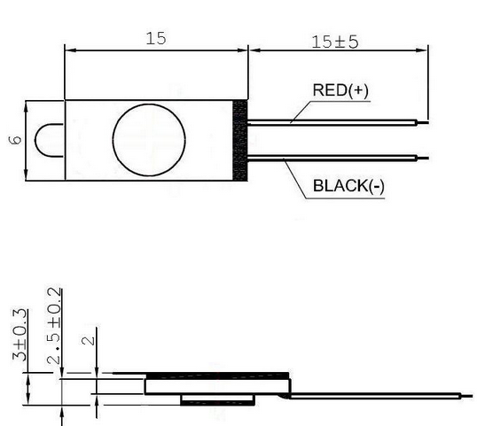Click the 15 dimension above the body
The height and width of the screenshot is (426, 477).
pyautogui.click(x=156, y=39)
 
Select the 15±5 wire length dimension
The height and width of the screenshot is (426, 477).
pyautogui.click(x=335, y=42)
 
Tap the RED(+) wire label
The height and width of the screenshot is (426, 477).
pyautogui.click(x=340, y=90)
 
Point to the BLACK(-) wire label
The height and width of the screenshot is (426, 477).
pyautogui.click(x=348, y=186)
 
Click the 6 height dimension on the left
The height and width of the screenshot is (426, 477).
pyautogui.click(x=15, y=140)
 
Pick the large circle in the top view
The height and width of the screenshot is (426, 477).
pyautogui.click(x=113, y=140)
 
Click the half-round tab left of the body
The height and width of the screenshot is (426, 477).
pyautogui.click(x=35, y=141)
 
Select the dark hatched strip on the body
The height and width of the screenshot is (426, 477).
pyautogui.click(x=240, y=141)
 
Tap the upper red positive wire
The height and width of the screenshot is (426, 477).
pyautogui.click(x=332, y=122)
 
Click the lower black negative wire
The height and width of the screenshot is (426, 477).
pyautogui.click(x=332, y=158)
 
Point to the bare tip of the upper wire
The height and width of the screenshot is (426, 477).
pyautogui.click(x=423, y=122)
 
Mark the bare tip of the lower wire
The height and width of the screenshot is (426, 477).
pyautogui.click(x=423, y=158)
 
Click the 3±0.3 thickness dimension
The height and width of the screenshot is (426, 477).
pyautogui.click(x=20, y=335)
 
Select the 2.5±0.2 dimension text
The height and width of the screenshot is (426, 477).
pyautogui.click(x=54, y=326)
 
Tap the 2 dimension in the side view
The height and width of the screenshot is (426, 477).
pyautogui.click(x=89, y=340)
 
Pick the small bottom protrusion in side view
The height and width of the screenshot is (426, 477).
pyautogui.click(x=217, y=399)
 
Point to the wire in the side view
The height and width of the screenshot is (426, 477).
pyautogui.click(x=375, y=396)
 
